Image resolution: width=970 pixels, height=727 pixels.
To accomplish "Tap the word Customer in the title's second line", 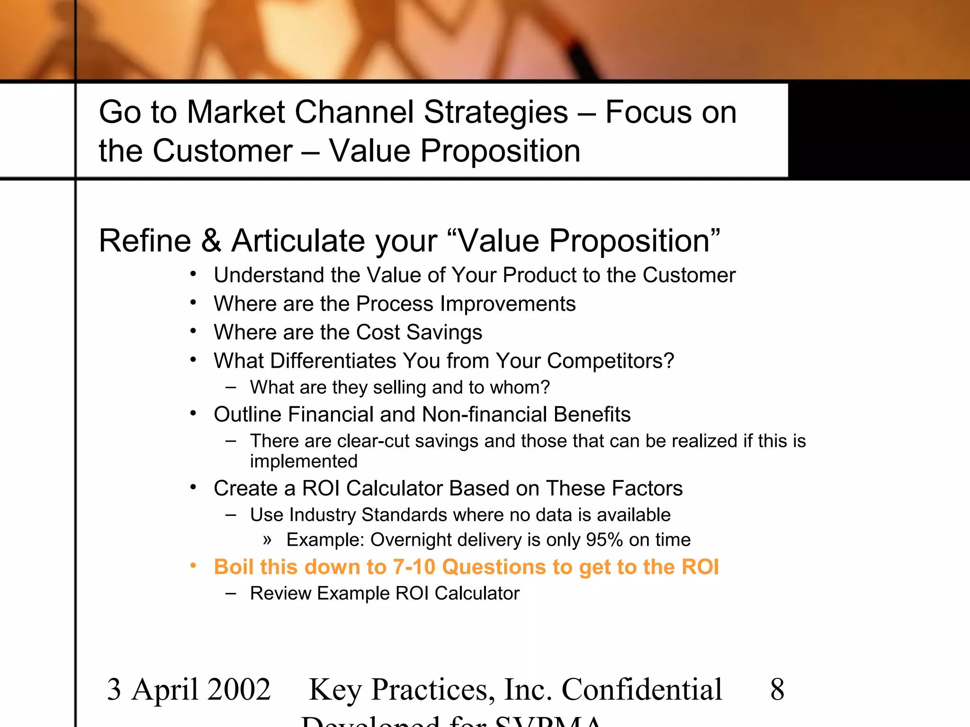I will coord(222,151).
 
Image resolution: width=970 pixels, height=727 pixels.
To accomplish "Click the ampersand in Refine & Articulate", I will coord(211,241).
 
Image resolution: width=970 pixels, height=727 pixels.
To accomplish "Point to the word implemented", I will coord(304,461).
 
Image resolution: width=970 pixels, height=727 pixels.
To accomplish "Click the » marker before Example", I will coord(268,540).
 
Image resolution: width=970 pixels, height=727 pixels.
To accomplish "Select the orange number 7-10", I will coord(413,567).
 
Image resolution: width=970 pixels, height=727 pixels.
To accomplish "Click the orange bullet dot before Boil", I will coord(193,566).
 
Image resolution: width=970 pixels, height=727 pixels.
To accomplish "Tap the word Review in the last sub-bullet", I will coord(280,594).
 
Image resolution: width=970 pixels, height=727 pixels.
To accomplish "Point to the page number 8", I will coord(777,690).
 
